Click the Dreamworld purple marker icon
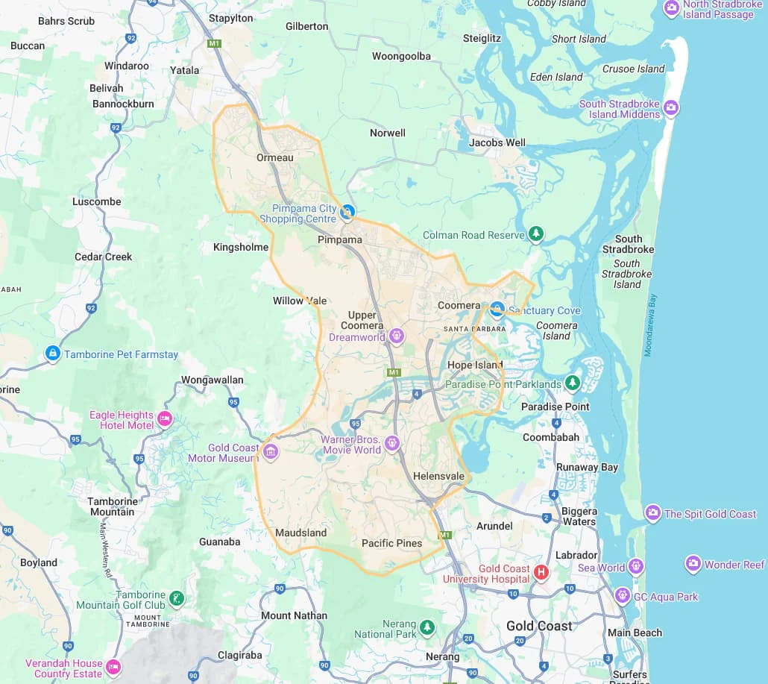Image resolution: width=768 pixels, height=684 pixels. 397,336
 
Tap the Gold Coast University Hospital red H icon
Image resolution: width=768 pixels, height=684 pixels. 542,573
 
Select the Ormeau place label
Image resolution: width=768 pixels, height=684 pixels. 275,157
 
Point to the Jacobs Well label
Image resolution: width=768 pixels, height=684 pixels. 497,142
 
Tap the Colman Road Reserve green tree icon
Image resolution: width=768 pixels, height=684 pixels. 535,234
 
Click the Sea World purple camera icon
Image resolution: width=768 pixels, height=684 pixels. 636,567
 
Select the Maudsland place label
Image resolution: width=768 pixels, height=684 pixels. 301,533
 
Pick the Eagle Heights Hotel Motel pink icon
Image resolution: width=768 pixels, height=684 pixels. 165,419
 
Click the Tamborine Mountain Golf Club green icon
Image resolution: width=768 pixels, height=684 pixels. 177,598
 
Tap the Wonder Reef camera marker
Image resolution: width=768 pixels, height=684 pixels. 693,563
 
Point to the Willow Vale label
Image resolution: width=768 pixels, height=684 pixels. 300,301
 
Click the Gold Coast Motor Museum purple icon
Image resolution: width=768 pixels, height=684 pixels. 271,452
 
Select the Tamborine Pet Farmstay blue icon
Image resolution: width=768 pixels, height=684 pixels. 53,354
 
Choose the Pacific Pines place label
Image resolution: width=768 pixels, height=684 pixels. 391,543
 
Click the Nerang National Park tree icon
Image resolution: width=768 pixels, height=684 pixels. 427,627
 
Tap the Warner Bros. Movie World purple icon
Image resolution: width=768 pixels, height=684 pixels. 392,444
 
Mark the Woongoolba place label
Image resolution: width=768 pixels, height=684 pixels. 401,56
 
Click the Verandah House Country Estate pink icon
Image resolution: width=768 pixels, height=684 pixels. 113,666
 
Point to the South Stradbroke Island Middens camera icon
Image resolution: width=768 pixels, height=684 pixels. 671,108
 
